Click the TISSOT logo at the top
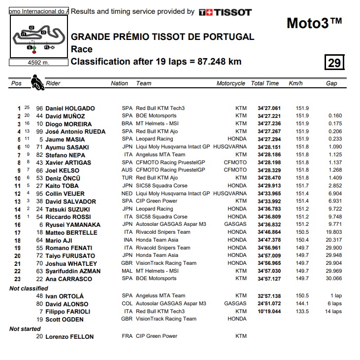(225, 12)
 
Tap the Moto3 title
(314, 23)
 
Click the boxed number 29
(334, 62)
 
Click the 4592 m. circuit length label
(37, 63)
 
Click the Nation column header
(119, 83)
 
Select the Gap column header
(331, 83)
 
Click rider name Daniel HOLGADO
(70, 108)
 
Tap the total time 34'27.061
(269, 108)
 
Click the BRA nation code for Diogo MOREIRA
(127, 124)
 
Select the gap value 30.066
(334, 279)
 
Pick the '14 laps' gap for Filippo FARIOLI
(333, 312)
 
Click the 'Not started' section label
(26, 328)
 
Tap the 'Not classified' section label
(29, 288)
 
